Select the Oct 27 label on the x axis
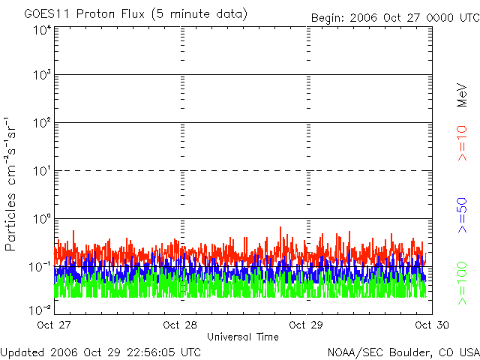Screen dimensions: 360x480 pyautogui.click(x=56, y=325)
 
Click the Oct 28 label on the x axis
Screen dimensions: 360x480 pyautogui.click(x=181, y=325)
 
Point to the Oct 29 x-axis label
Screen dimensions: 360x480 pyautogui.click(x=307, y=325)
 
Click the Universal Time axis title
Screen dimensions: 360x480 pyautogui.click(x=242, y=337)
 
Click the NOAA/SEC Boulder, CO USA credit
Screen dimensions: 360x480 pyautogui.click(x=403, y=351)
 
